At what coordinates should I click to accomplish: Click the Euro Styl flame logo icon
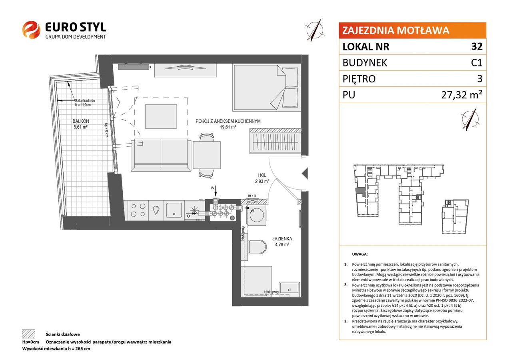(31, 30)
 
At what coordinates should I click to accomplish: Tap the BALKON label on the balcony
(81, 121)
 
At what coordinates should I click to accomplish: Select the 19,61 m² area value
(228, 127)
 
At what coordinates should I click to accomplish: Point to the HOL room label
(262, 175)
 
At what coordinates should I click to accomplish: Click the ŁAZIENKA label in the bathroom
(282, 239)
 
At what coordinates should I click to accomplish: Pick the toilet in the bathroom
(256, 247)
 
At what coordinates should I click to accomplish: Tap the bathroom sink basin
(289, 288)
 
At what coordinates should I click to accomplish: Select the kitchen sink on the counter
(174, 210)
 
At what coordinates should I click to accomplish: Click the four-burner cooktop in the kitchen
(138, 210)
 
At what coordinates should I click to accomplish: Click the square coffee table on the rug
(161, 116)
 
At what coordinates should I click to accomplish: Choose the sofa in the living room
(161, 155)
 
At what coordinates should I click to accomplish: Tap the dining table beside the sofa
(207, 155)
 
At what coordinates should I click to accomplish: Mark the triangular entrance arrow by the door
(305, 174)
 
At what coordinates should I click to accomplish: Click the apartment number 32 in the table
(477, 46)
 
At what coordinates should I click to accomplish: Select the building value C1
(477, 63)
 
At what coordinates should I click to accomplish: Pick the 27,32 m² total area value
(462, 94)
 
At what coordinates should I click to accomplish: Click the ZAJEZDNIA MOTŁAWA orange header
(412, 30)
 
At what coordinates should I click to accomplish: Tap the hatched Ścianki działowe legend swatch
(29, 334)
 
